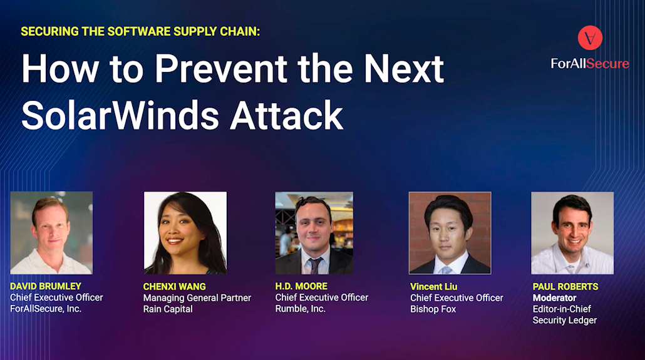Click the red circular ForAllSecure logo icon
click(x=590, y=38)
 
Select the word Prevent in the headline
click(x=221, y=68)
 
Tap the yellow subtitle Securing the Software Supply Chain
click(x=140, y=31)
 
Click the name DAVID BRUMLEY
click(x=46, y=286)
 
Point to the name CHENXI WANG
click(x=175, y=286)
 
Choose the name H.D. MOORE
click(x=301, y=286)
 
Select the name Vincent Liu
click(x=433, y=286)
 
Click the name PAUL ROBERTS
click(x=565, y=286)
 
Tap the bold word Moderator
click(x=554, y=297)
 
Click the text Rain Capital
click(x=168, y=309)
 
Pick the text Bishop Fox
click(x=433, y=309)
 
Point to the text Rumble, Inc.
click(x=301, y=309)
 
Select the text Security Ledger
click(x=565, y=320)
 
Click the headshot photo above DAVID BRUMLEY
click(x=51, y=233)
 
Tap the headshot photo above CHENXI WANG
click(x=185, y=233)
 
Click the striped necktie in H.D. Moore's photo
click(x=315, y=265)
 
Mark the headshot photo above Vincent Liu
click(x=450, y=233)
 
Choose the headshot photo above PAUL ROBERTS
click(x=572, y=233)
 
